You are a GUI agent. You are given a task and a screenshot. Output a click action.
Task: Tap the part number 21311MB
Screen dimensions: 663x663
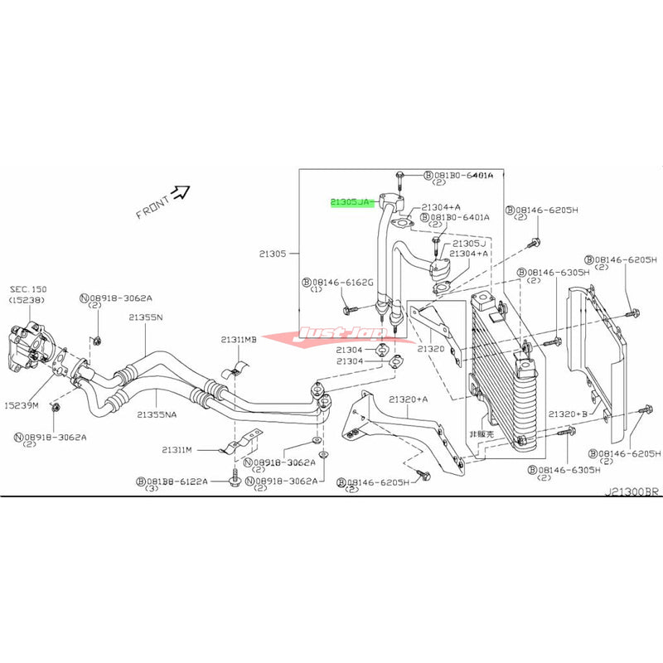pyautogui.click(x=239, y=340)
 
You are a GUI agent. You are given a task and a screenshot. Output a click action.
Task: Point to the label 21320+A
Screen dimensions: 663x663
pyautogui.click(x=411, y=399)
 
